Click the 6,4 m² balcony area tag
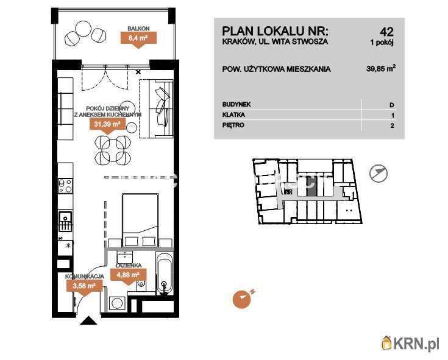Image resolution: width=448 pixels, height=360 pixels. [x=138, y=38]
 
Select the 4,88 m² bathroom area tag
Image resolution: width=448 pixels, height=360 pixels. [x=129, y=274]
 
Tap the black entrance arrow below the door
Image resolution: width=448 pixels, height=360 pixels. [x=89, y=321]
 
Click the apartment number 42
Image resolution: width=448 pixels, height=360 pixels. [x=386, y=32]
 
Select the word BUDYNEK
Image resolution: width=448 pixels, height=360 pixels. [x=237, y=105]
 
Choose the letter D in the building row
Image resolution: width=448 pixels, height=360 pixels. [x=392, y=105]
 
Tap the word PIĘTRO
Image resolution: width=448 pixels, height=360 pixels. [x=233, y=125]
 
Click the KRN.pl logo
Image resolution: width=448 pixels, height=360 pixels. [x=410, y=344]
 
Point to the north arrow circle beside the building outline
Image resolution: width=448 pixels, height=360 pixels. [x=379, y=174]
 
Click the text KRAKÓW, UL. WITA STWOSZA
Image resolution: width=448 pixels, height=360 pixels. [x=275, y=42]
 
